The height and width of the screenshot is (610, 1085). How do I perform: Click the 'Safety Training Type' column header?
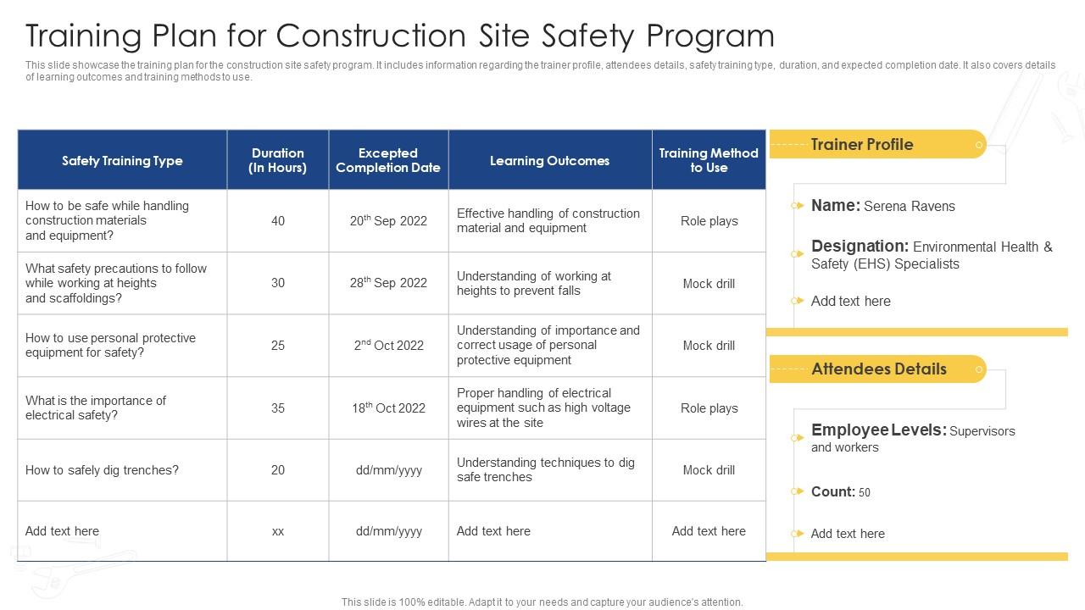pyautogui.click(x=122, y=161)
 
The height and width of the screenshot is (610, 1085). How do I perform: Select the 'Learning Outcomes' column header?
pyautogui.click(x=549, y=161)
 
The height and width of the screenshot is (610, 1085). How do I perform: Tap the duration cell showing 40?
pyautogui.click(x=278, y=221)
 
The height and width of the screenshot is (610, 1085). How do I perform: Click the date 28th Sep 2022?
pyautogui.click(x=388, y=283)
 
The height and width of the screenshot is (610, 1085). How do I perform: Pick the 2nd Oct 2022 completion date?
pyautogui.click(x=388, y=346)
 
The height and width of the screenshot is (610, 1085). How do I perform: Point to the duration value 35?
pyautogui.click(x=278, y=408)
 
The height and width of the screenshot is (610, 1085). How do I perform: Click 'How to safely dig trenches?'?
pyautogui.click(x=102, y=470)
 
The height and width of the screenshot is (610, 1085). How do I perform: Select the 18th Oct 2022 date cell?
pyautogui.click(x=388, y=408)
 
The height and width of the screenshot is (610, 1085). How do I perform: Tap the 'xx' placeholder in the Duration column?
pyautogui.click(x=278, y=531)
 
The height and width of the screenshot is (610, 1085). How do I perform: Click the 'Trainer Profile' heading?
pyautogui.click(x=861, y=145)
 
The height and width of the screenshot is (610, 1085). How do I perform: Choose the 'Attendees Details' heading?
pyautogui.click(x=878, y=369)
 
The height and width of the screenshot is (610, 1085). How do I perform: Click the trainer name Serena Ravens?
pyautogui.click(x=909, y=207)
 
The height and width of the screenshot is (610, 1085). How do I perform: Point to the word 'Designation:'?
pyautogui.click(x=860, y=247)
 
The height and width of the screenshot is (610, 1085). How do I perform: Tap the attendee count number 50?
pyautogui.click(x=865, y=493)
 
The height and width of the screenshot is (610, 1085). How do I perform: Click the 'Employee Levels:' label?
pyautogui.click(x=878, y=430)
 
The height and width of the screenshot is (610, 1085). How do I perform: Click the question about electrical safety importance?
pyautogui.click(x=96, y=408)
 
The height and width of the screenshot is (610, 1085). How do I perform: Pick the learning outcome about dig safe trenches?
pyautogui.click(x=545, y=470)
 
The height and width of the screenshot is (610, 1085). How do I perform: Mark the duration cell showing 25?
pyautogui.click(x=278, y=346)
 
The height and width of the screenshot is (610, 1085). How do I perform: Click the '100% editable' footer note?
pyautogui.click(x=542, y=602)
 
